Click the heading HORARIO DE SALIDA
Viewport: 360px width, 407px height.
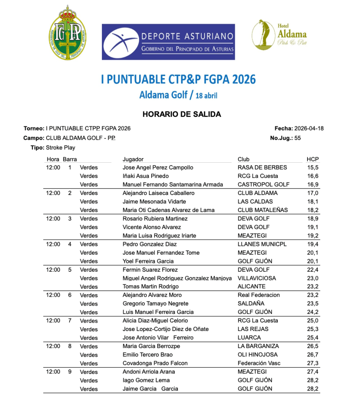pos(181,115)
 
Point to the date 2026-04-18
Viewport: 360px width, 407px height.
pos(309,129)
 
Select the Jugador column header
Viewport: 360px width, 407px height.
pos(133,159)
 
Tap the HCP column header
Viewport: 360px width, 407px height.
pos(312,159)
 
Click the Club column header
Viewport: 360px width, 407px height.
pos(243,159)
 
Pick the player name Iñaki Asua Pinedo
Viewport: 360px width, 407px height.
pos(146,176)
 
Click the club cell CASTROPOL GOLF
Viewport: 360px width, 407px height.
pos(263,185)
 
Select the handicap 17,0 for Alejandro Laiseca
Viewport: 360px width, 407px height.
pos(313,193)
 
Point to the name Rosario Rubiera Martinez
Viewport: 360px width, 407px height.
pos(155,218)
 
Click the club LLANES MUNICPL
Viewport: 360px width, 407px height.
pos(262,244)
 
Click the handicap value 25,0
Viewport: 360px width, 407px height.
pos(313,321)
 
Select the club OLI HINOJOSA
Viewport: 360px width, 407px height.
pos(257,354)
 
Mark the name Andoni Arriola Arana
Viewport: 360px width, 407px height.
pos(149,372)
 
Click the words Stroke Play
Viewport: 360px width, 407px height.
pos(60,148)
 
